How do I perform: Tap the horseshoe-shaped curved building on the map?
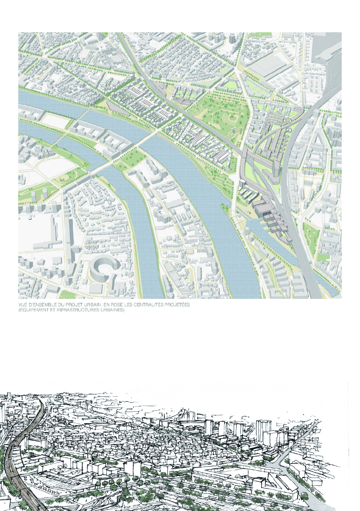(x=102, y=271)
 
